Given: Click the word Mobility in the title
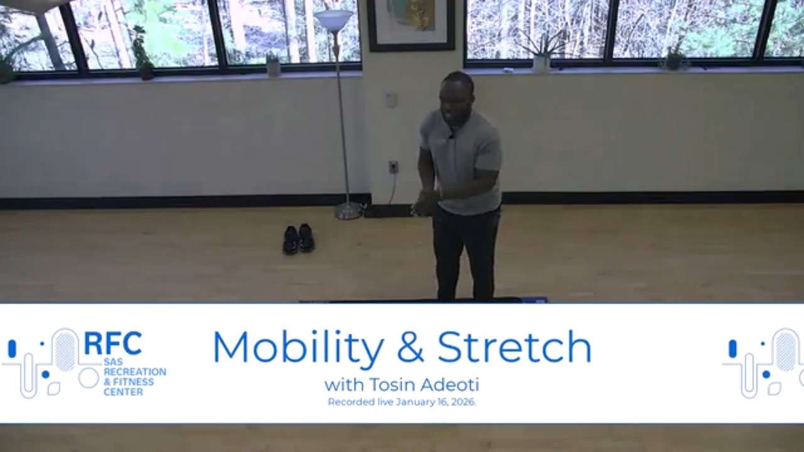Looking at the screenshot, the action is click(x=298, y=347).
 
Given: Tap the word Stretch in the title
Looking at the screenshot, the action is click(x=514, y=346).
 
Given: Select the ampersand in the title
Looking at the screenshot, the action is click(x=411, y=347).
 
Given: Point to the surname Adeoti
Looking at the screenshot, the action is click(x=450, y=385).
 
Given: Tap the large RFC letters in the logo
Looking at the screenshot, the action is click(x=112, y=343).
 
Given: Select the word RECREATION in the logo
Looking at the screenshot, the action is click(x=135, y=372).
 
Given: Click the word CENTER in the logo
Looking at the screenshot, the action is click(x=123, y=392).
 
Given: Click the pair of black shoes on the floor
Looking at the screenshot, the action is click(x=298, y=239).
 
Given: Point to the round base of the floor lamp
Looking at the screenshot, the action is click(x=349, y=212).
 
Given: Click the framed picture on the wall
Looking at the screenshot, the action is click(x=411, y=24).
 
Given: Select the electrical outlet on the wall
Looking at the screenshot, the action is click(x=393, y=167).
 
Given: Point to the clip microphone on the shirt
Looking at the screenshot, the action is click(x=452, y=136).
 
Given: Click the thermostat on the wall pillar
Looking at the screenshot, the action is click(x=391, y=100).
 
